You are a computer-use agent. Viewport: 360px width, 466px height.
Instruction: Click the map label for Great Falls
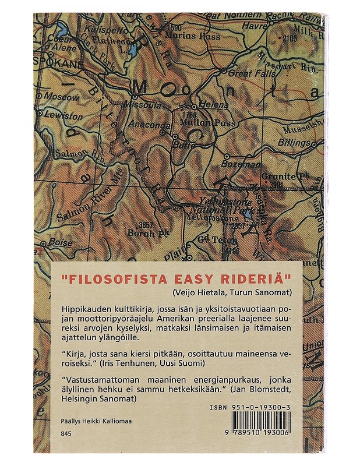[246, 74]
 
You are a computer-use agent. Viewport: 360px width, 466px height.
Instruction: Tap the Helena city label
[211, 106]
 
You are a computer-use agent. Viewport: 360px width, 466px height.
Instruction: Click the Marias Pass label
[185, 34]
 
